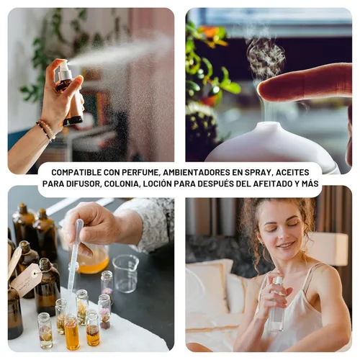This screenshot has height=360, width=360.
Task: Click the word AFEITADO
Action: pyautogui.click(x=273, y=184)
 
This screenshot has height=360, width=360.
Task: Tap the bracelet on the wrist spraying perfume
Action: pyautogui.click(x=45, y=130)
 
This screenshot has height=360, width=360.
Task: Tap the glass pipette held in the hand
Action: pyautogui.click(x=75, y=252)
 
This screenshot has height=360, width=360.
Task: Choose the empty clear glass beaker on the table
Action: pyautogui.click(x=126, y=274)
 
